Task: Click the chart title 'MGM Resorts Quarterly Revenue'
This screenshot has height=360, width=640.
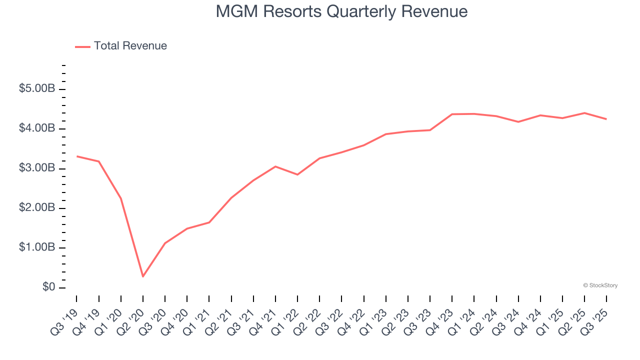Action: tap(341, 11)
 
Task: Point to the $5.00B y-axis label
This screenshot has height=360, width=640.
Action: tap(37, 89)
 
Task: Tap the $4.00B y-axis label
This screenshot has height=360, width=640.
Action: tap(37, 129)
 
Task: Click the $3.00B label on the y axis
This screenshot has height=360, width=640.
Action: tap(37, 168)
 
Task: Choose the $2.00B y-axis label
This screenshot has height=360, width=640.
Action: tap(37, 208)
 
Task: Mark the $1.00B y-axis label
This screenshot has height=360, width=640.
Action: tap(37, 248)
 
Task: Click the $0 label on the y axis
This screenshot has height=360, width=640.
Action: tap(49, 287)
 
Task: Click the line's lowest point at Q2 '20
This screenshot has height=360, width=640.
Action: tap(143, 276)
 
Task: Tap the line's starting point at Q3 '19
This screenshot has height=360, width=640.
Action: tap(76, 156)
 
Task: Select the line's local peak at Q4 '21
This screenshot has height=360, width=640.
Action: tap(275, 166)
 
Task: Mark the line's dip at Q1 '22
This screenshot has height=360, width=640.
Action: tap(297, 174)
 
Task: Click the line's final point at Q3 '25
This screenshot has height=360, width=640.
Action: tap(606, 119)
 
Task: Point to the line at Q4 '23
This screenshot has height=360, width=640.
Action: tap(452, 114)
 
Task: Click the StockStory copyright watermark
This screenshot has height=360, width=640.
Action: tap(600, 285)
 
